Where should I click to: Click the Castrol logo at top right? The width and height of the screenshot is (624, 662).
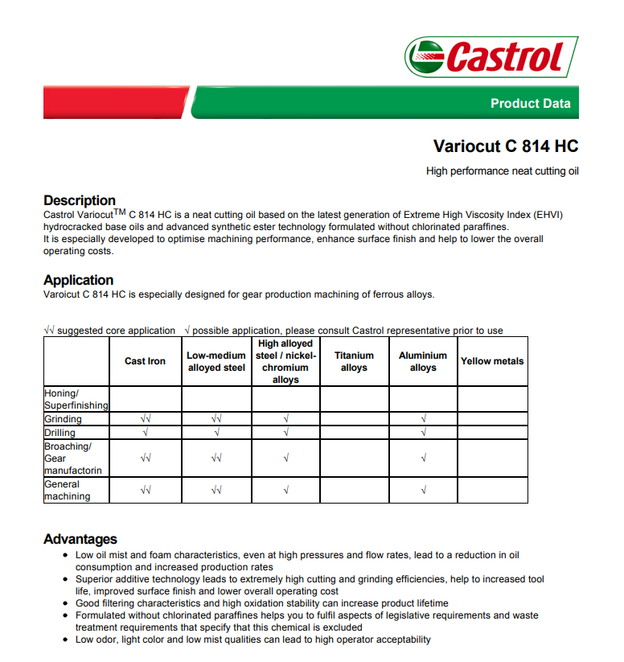tap(491, 56)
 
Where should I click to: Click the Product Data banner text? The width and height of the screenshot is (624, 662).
tap(530, 103)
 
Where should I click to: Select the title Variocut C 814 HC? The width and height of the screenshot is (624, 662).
tap(506, 146)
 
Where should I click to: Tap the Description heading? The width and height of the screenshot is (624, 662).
tap(80, 200)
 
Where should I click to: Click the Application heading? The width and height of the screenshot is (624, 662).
tap(79, 280)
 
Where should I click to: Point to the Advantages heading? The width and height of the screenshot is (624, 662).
tap(80, 539)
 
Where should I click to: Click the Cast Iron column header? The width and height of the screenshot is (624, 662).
tap(146, 361)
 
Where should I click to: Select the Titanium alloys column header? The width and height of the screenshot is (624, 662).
tap(354, 361)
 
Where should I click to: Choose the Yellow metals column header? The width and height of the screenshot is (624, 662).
tap(492, 361)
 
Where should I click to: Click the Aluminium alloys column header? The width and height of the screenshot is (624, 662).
tap(423, 361)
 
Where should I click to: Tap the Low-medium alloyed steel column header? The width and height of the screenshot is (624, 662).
tap(216, 361)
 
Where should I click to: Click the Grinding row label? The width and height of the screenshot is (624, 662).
tap(64, 419)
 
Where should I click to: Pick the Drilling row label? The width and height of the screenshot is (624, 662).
tap(60, 433)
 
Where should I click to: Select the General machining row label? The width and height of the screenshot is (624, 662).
tap(67, 490)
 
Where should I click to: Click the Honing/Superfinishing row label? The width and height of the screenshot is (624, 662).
tap(76, 399)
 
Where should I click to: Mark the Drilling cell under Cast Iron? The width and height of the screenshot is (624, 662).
tap(146, 433)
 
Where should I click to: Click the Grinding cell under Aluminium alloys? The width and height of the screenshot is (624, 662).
tap(423, 419)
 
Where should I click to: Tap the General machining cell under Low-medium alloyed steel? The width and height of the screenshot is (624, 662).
tap(216, 490)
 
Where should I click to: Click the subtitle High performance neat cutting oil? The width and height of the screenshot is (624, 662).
tap(502, 171)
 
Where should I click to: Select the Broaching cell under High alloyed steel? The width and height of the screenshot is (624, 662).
tap(285, 458)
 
